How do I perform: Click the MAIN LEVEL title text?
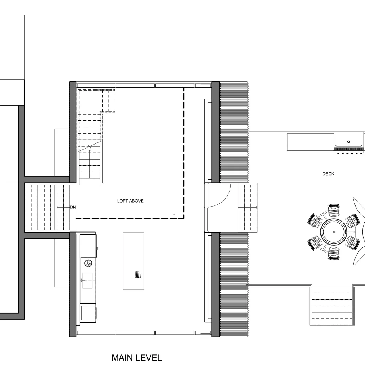click(x=137, y=358)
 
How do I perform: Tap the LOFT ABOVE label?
click(x=130, y=201)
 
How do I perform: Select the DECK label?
click(x=328, y=174)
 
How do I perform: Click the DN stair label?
click(x=73, y=207)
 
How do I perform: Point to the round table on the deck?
click(x=334, y=232)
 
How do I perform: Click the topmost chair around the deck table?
click(x=334, y=210)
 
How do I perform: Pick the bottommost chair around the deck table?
click(x=334, y=254)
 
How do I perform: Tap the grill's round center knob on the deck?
click(x=349, y=142)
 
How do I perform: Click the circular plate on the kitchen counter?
click(x=88, y=263)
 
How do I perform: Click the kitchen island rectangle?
click(x=133, y=261)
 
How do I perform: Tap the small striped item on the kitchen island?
click(x=138, y=275)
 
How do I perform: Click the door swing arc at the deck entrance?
click(x=225, y=199)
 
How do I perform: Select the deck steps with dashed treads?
click(x=332, y=306)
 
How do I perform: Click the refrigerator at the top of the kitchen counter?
click(x=88, y=246)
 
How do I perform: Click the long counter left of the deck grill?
click(x=310, y=142)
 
